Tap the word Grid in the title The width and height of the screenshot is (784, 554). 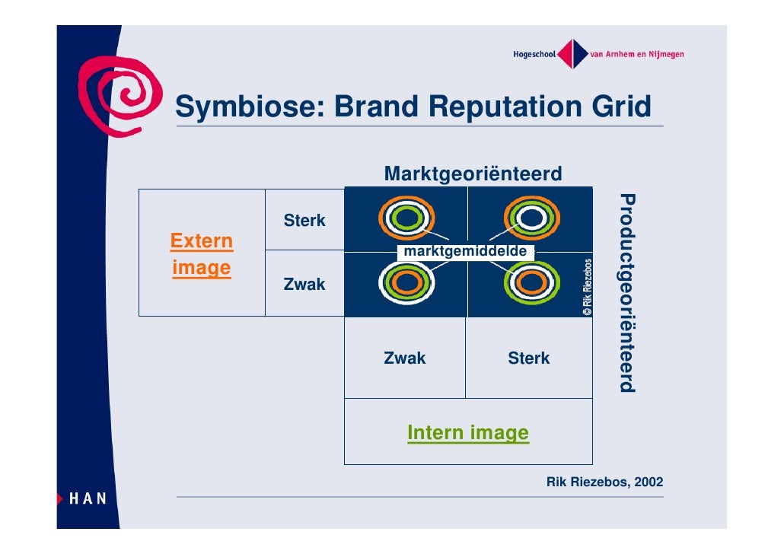click(x=623, y=107)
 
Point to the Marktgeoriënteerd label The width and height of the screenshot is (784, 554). click(x=473, y=174)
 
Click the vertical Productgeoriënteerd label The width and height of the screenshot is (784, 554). click(x=626, y=293)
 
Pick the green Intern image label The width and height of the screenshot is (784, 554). click(x=467, y=433)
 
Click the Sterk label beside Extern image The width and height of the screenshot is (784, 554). click(x=304, y=221)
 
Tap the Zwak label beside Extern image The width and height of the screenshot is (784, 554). click(x=304, y=285)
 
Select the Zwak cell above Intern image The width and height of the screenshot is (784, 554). click(x=405, y=358)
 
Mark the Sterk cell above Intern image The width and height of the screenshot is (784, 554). click(x=529, y=358)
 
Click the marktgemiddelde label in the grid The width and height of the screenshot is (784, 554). click(x=466, y=252)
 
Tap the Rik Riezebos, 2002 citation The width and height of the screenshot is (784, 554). click(x=604, y=482)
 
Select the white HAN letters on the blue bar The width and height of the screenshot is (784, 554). click(x=88, y=498)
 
